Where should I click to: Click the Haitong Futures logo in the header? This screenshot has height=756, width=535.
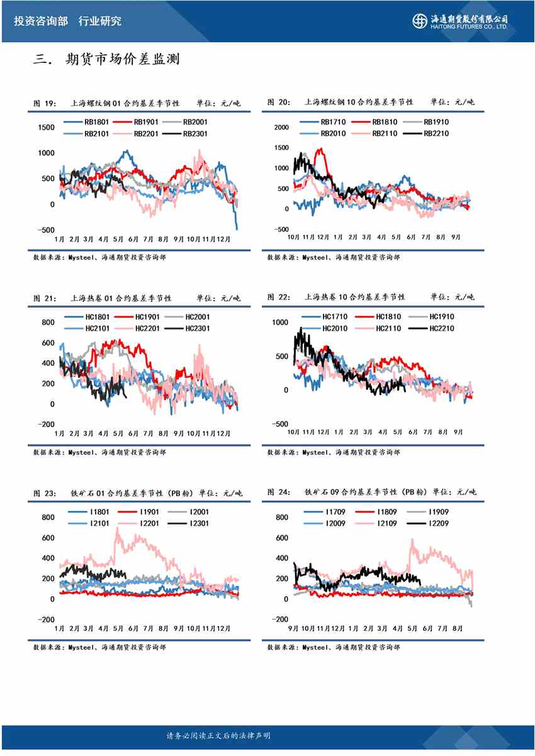click(x=460, y=21)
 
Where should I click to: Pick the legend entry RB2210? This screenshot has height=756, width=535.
click(x=436, y=133)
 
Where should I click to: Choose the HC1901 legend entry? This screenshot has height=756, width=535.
click(x=146, y=317)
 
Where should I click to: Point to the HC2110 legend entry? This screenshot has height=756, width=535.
click(x=387, y=328)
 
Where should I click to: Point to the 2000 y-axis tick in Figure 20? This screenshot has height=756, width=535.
click(x=281, y=128)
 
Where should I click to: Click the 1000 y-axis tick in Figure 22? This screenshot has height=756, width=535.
click(x=279, y=322)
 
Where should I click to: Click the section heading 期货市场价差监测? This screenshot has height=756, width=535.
click(x=123, y=60)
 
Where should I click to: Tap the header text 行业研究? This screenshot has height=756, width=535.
click(x=100, y=21)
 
